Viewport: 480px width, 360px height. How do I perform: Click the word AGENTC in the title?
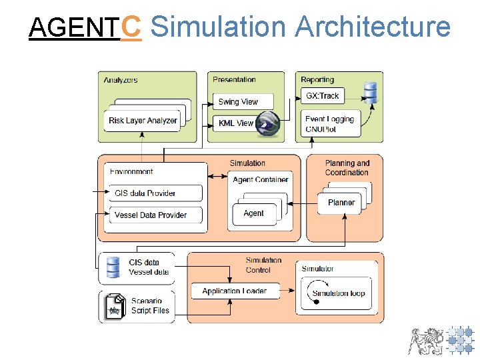click(85, 27)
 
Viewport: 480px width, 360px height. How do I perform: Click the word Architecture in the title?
click(372, 27)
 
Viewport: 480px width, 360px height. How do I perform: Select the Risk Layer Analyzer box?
click(143, 121)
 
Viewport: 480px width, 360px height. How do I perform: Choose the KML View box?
click(236, 123)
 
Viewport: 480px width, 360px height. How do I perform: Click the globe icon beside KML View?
click(269, 124)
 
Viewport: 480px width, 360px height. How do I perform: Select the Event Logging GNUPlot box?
click(330, 124)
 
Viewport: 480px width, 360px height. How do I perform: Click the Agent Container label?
click(261, 179)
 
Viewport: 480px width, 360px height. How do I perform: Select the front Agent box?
click(254, 213)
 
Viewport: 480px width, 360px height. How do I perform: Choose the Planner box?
click(341, 203)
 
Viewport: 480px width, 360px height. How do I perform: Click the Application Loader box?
click(234, 291)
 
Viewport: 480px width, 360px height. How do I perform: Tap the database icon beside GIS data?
click(113, 267)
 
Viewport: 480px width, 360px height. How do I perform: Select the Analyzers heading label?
click(121, 80)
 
